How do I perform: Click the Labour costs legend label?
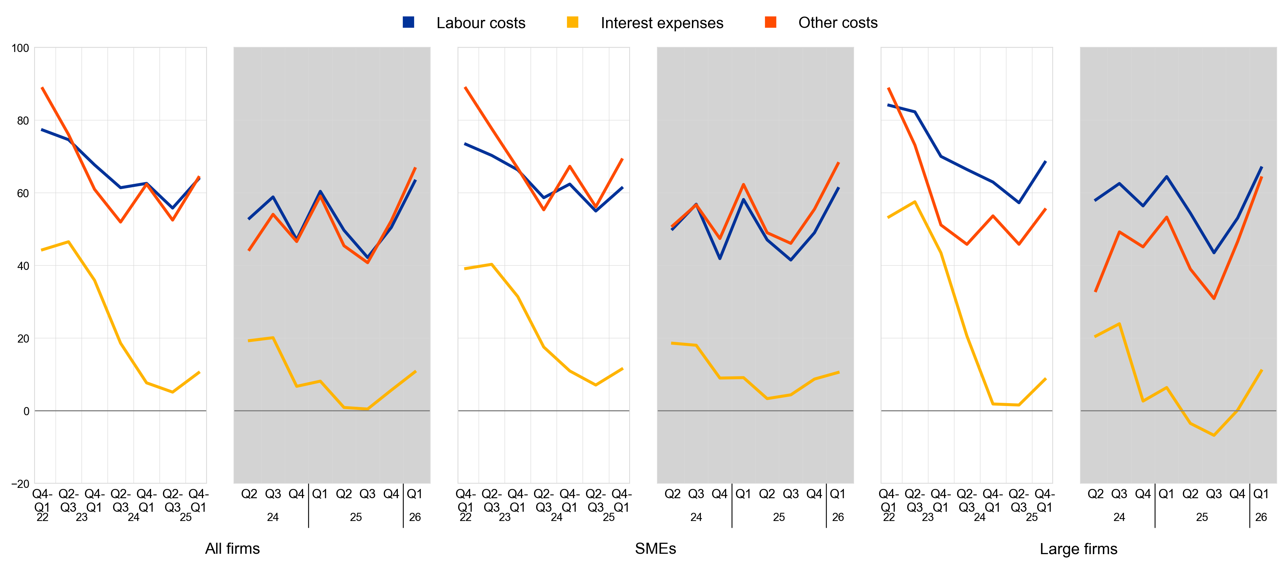(481, 23)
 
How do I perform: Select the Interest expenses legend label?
(662, 23)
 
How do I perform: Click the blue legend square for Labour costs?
(408, 22)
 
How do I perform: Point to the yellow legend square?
(573, 22)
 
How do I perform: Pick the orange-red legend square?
(770, 22)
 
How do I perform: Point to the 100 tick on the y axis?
(21, 48)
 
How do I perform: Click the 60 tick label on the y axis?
(23, 193)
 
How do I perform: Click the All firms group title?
(232, 548)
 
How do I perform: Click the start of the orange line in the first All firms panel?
(42, 88)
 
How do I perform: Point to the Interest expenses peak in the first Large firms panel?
(915, 202)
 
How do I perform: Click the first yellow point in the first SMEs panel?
(466, 269)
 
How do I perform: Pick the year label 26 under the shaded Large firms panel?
(1261, 517)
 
